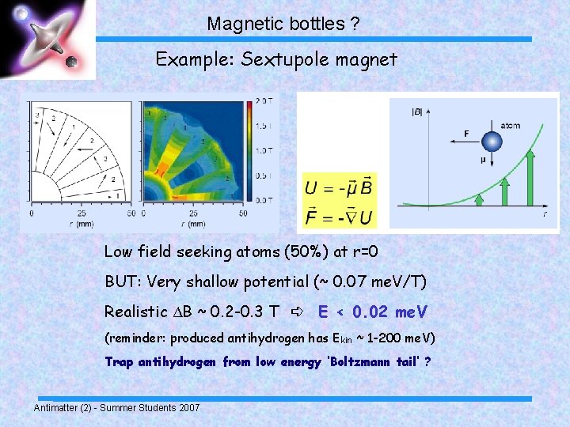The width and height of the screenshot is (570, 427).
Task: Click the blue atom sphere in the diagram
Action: pyautogui.click(x=492, y=142)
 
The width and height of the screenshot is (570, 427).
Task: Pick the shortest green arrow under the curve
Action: pyautogui.click(x=479, y=202)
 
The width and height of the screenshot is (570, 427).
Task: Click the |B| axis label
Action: pyautogui.click(x=416, y=111)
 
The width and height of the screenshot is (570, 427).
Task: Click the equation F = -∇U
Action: pyautogui.click(x=339, y=215)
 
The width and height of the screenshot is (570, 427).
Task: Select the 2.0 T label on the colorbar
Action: pyautogui.click(x=264, y=101)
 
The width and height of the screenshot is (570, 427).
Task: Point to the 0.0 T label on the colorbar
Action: pyautogui.click(x=264, y=200)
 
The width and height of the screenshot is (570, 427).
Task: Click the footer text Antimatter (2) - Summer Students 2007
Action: pyautogui.click(x=116, y=407)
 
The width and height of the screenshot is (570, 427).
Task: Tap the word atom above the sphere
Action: pyautogui.click(x=510, y=126)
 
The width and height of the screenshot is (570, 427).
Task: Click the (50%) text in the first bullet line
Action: pyautogui.click(x=279, y=252)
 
